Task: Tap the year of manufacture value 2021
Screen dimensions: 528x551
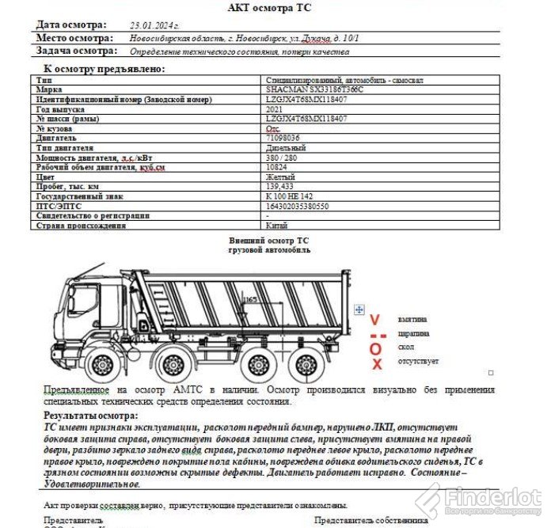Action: click(x=273, y=108)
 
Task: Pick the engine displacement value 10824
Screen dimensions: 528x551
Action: click(x=277, y=166)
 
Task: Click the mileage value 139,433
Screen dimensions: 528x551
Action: click(x=280, y=186)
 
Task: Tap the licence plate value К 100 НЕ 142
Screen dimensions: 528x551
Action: click(x=289, y=196)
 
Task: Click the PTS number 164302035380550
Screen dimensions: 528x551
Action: click(x=297, y=205)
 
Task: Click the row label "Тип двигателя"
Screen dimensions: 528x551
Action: click(x=65, y=147)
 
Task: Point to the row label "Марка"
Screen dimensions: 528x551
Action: click(x=49, y=90)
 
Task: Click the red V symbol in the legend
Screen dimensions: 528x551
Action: click(x=375, y=320)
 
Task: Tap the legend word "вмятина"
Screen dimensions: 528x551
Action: click(x=412, y=320)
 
